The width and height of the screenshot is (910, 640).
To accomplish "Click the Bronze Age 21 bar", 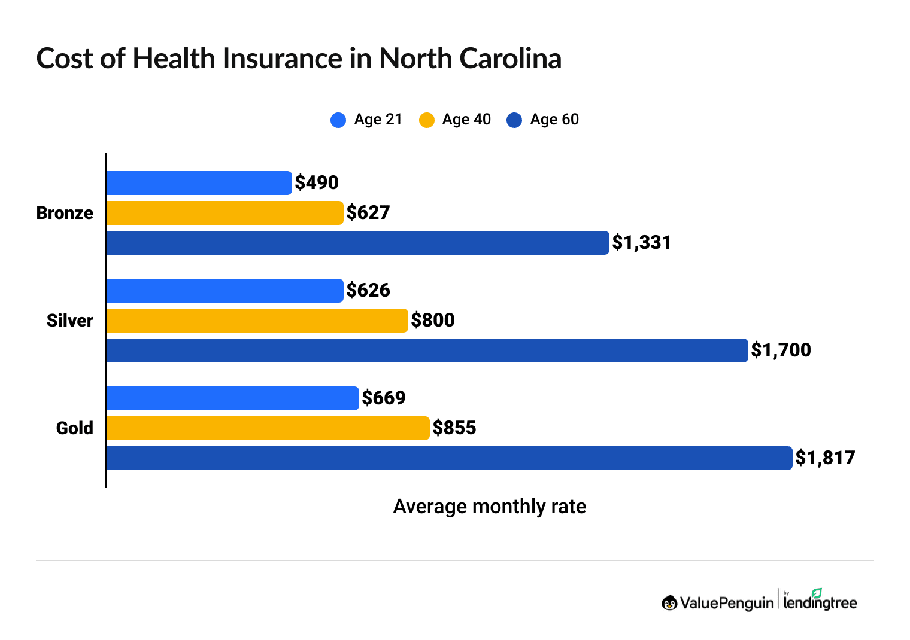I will click(x=199, y=183).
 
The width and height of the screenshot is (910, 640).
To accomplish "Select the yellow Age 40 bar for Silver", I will click(x=257, y=321).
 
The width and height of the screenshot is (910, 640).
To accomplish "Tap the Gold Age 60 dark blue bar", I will click(x=449, y=458).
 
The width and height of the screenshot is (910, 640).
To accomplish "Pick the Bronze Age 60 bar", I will click(x=357, y=243).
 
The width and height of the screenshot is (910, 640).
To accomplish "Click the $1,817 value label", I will click(x=825, y=458).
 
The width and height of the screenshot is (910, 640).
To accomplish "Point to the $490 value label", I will click(x=317, y=183).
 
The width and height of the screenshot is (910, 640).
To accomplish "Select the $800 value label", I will click(x=433, y=321).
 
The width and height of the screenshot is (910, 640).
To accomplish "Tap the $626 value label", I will click(x=368, y=291).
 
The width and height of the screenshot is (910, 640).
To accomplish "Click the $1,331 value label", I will click(x=641, y=243).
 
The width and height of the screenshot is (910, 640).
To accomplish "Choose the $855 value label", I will click(x=454, y=428).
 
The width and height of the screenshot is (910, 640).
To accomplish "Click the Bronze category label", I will click(x=65, y=213).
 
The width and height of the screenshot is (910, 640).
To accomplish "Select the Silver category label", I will click(x=70, y=321).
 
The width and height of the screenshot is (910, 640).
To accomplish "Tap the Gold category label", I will click(x=75, y=428).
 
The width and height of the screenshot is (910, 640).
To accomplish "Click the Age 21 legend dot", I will click(x=338, y=120).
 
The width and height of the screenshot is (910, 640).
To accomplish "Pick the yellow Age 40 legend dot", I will click(x=426, y=120).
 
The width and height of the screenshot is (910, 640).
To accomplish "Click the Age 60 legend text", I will click(x=554, y=120).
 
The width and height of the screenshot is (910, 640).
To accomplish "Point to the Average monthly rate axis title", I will click(x=489, y=507).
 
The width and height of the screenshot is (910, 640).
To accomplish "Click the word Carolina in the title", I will click(x=510, y=59).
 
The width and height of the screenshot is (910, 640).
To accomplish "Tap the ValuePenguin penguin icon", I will click(x=669, y=603).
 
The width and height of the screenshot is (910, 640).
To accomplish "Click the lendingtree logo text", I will click(x=820, y=602).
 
